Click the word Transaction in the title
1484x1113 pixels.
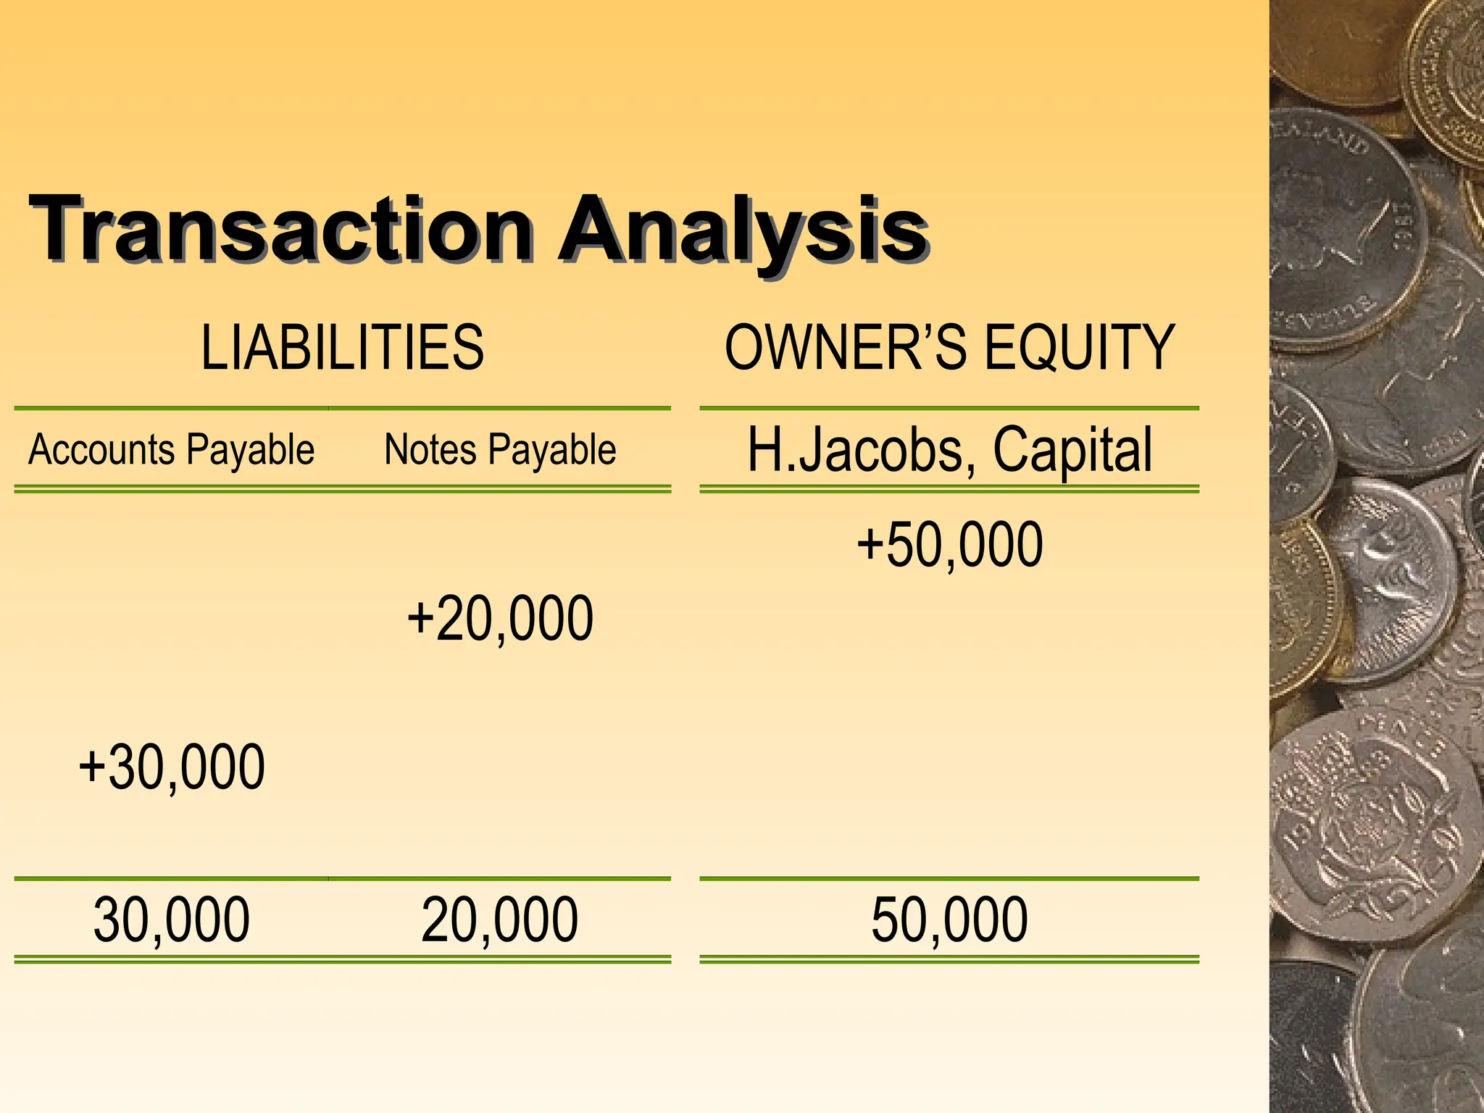[280, 229]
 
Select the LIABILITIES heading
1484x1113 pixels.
[342, 348]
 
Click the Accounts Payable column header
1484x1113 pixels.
[171, 450]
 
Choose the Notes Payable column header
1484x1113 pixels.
[500, 450]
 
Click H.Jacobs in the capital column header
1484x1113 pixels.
[855, 450]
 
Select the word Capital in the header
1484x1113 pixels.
[1072, 450]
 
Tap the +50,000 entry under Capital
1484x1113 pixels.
[950, 545]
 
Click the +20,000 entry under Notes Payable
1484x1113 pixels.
[500, 619]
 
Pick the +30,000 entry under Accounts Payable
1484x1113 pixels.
[172, 767]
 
